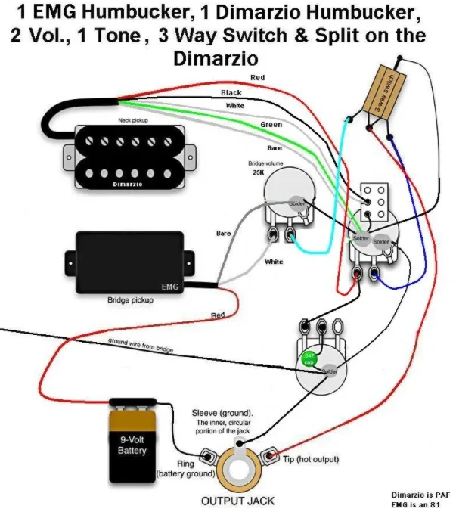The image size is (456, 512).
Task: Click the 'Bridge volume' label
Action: pyautogui.click(x=266, y=163)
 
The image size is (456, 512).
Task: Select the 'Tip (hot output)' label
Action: pyautogui.click(x=311, y=459)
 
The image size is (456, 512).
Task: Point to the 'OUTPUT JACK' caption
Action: pyautogui.click(x=237, y=501)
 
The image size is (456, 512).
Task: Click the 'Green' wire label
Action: pyautogui.click(x=271, y=124)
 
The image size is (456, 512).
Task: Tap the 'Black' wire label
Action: pyautogui.click(x=231, y=92)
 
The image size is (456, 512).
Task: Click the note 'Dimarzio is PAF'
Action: pyautogui.click(x=418, y=493)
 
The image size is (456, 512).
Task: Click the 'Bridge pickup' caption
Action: pyautogui.click(x=129, y=300)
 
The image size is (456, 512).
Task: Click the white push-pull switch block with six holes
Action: pyautogui.click(x=374, y=199)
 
